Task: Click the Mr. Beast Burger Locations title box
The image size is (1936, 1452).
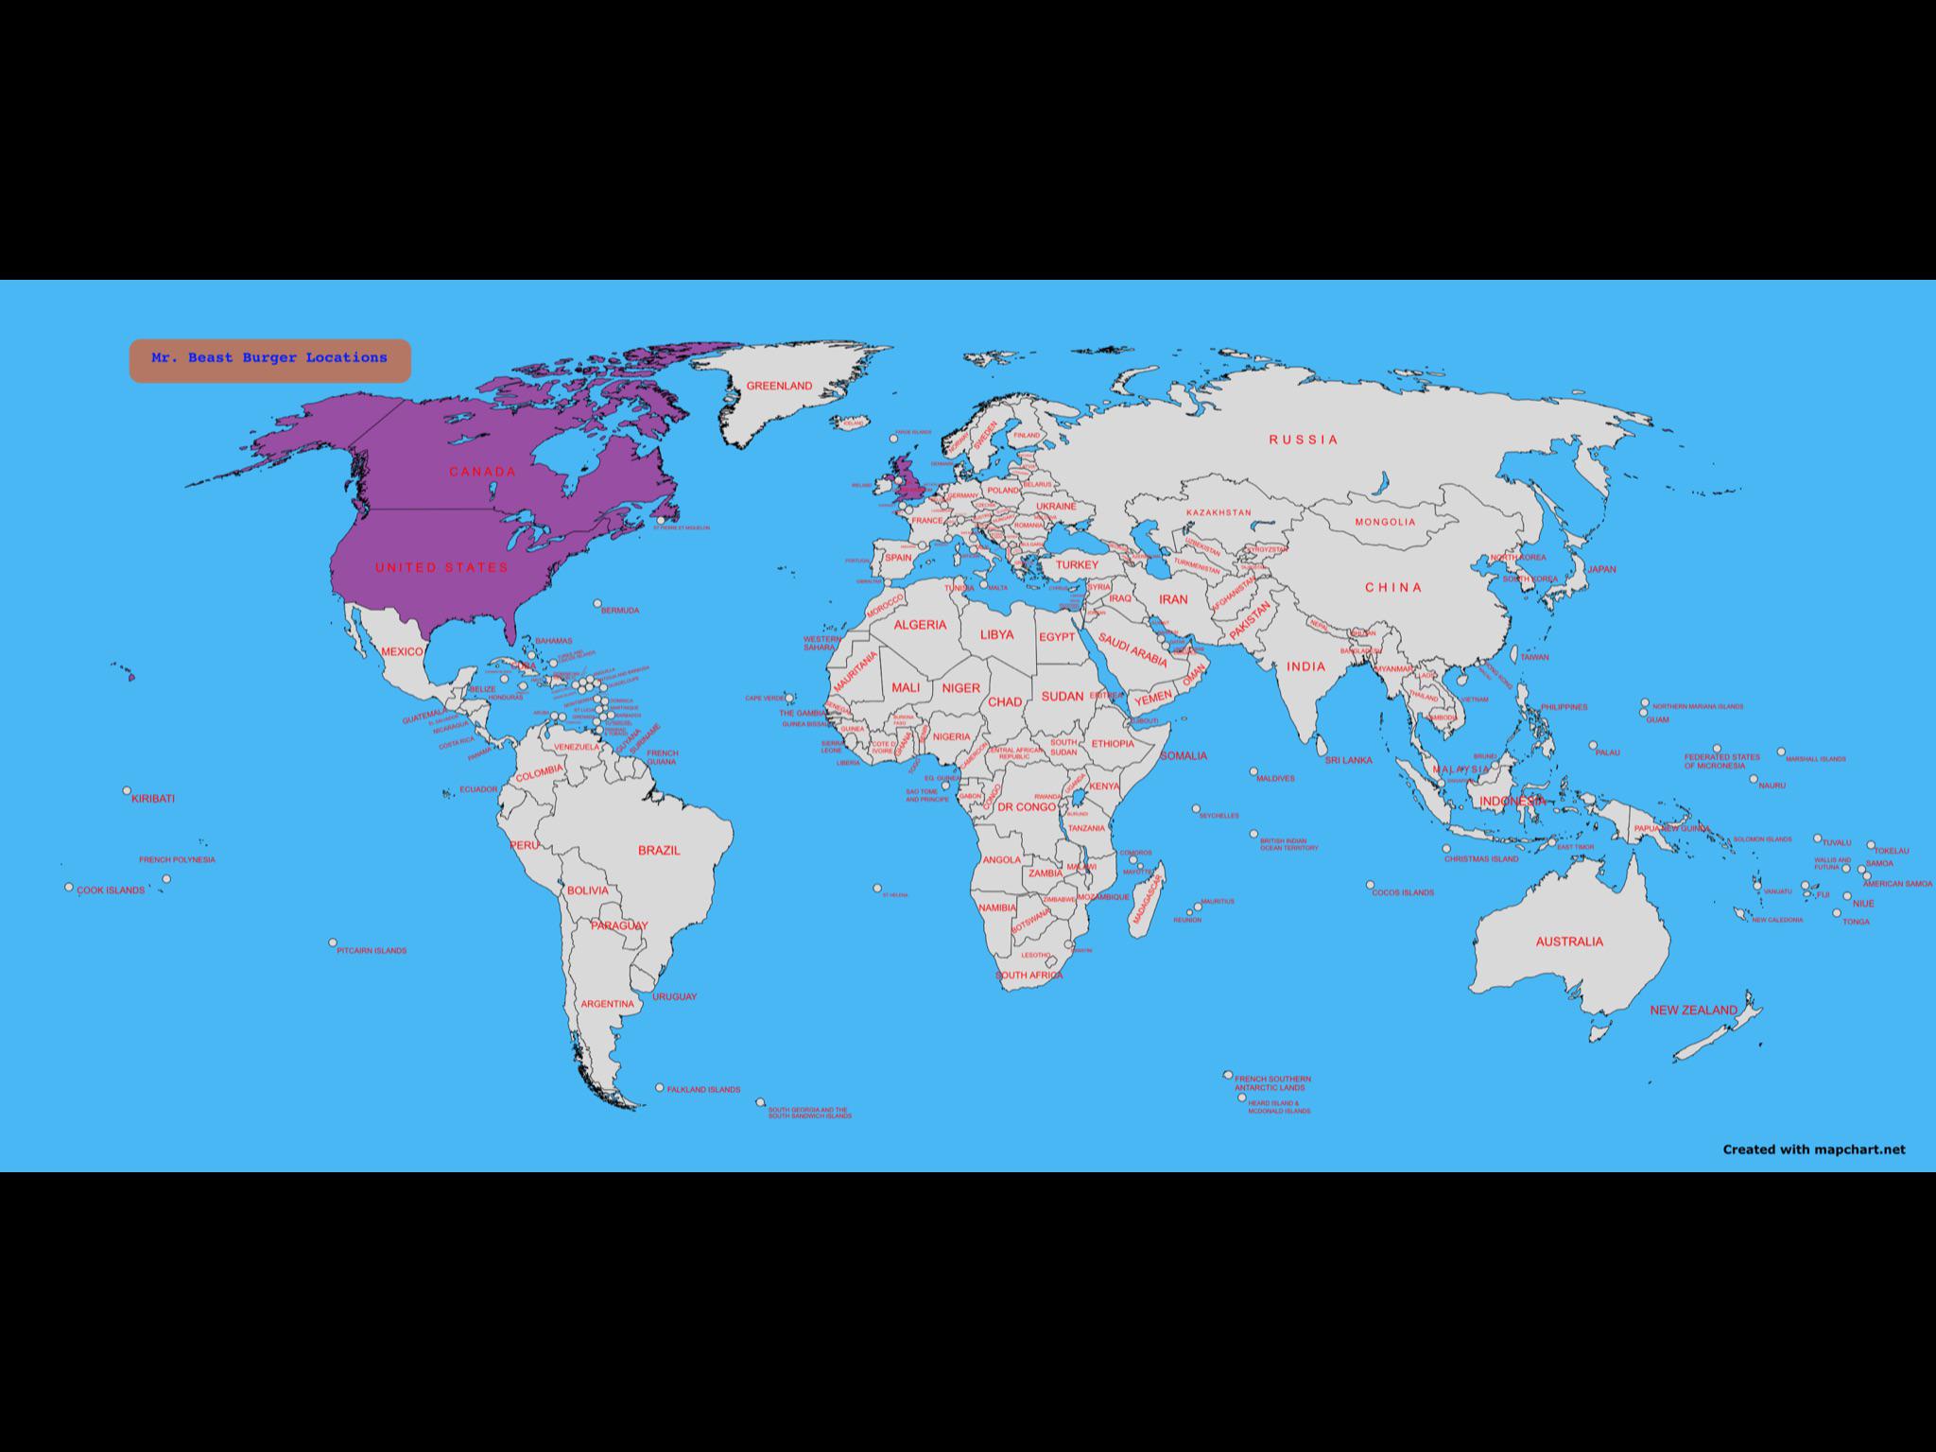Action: click(x=269, y=360)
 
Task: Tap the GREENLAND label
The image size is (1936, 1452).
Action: click(x=779, y=387)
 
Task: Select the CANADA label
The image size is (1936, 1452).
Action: click(x=482, y=472)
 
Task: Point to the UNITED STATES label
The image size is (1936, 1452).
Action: click(x=441, y=568)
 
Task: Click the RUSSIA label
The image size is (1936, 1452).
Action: click(x=1304, y=440)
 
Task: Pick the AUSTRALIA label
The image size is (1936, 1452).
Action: click(x=1568, y=942)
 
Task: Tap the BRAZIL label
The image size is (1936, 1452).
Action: click(x=659, y=851)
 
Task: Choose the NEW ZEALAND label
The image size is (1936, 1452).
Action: click(x=1693, y=1011)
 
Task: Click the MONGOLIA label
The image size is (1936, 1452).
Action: click(x=1385, y=522)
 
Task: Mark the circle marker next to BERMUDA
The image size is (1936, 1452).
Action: click(x=597, y=603)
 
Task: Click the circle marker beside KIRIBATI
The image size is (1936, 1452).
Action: click(x=127, y=790)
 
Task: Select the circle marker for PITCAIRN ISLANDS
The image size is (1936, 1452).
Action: click(x=333, y=942)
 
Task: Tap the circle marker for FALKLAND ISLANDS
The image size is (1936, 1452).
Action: click(x=660, y=1088)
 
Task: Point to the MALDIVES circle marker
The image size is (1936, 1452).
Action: click(x=1254, y=771)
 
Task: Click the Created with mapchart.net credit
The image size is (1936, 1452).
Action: click(x=1813, y=1149)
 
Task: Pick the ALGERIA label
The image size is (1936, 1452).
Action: click(x=920, y=625)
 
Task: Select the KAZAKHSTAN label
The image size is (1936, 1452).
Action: click(x=1219, y=512)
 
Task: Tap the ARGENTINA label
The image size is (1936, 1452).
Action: click(x=608, y=1004)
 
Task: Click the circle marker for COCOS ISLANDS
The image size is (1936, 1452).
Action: click(x=1370, y=886)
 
